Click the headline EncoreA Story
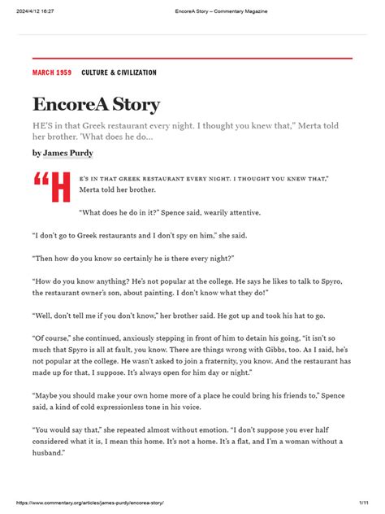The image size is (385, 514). coord(97,105)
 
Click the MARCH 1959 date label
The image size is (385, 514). coord(51,73)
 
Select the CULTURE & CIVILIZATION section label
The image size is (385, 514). coord(119,73)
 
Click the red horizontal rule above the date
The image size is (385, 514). coord(192,59)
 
